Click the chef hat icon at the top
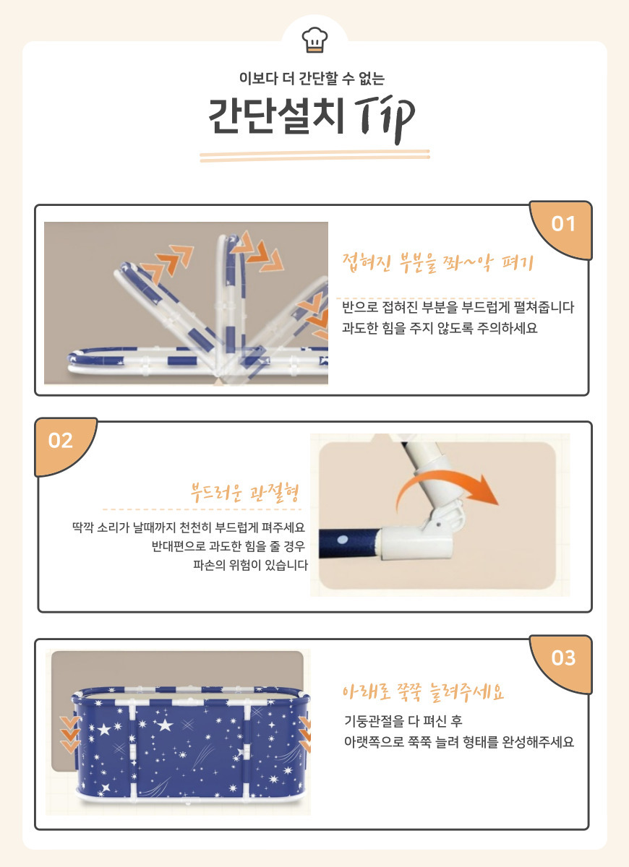(x=314, y=39)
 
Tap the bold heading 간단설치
(x=276, y=116)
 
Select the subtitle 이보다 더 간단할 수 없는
(x=312, y=79)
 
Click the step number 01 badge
(x=563, y=224)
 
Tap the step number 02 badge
(x=61, y=441)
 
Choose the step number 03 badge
(x=563, y=657)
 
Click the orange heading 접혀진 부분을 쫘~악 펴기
(x=438, y=263)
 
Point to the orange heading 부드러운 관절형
(x=245, y=492)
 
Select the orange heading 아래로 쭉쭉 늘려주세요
(x=423, y=692)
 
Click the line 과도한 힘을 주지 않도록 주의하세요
(x=440, y=328)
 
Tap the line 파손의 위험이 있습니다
(x=250, y=565)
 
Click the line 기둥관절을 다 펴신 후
(x=403, y=721)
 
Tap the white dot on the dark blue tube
(x=343, y=540)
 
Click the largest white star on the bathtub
(x=165, y=725)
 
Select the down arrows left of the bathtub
(x=70, y=734)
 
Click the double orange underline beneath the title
(x=314, y=155)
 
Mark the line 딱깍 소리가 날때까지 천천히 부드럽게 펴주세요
(x=189, y=527)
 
